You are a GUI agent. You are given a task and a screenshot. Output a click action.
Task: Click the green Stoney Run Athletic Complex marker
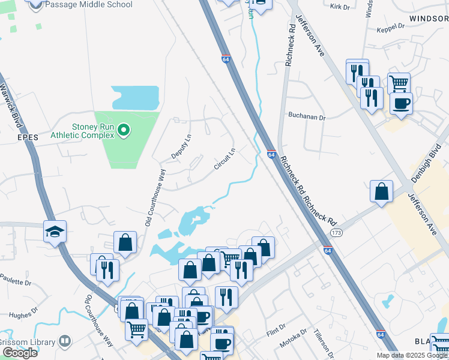coord(124,130)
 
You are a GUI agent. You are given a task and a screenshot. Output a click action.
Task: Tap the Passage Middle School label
coord(89,5)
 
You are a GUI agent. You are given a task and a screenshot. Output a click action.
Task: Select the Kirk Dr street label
coord(339,6)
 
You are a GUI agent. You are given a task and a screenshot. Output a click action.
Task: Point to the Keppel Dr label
coord(390,28)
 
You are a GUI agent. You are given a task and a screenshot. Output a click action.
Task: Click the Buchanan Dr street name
coord(306,117)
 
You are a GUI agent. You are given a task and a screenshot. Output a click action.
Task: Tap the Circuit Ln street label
coord(225,159)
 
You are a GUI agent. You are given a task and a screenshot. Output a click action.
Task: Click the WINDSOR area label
coord(429,19)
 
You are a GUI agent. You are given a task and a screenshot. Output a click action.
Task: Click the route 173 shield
coord(336,232)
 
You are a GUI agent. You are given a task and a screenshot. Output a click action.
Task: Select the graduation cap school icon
coord(55,232)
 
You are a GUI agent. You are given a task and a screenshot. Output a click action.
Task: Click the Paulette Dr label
coord(16,280)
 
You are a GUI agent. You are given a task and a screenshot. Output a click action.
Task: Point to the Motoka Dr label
coord(295,340)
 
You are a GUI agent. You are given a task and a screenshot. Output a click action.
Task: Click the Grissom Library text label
coord(28,342)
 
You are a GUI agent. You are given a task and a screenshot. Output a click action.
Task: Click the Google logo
coord(20,353)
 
